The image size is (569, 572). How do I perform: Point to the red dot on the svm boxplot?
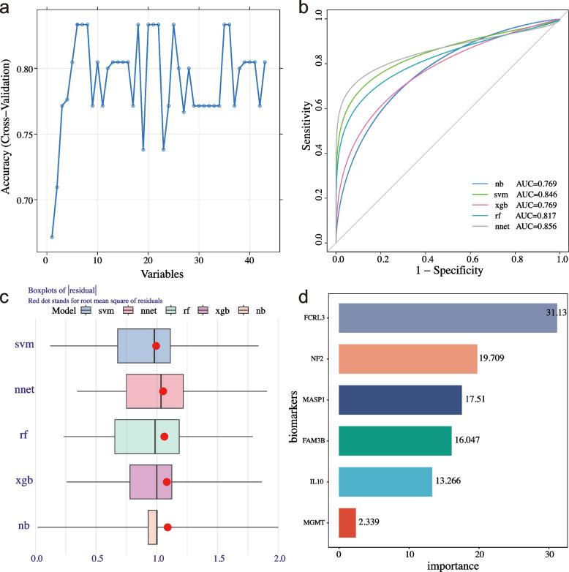(156, 345)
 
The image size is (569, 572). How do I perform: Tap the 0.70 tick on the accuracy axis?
(25, 200)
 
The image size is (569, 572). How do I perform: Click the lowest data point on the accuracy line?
(52, 237)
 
